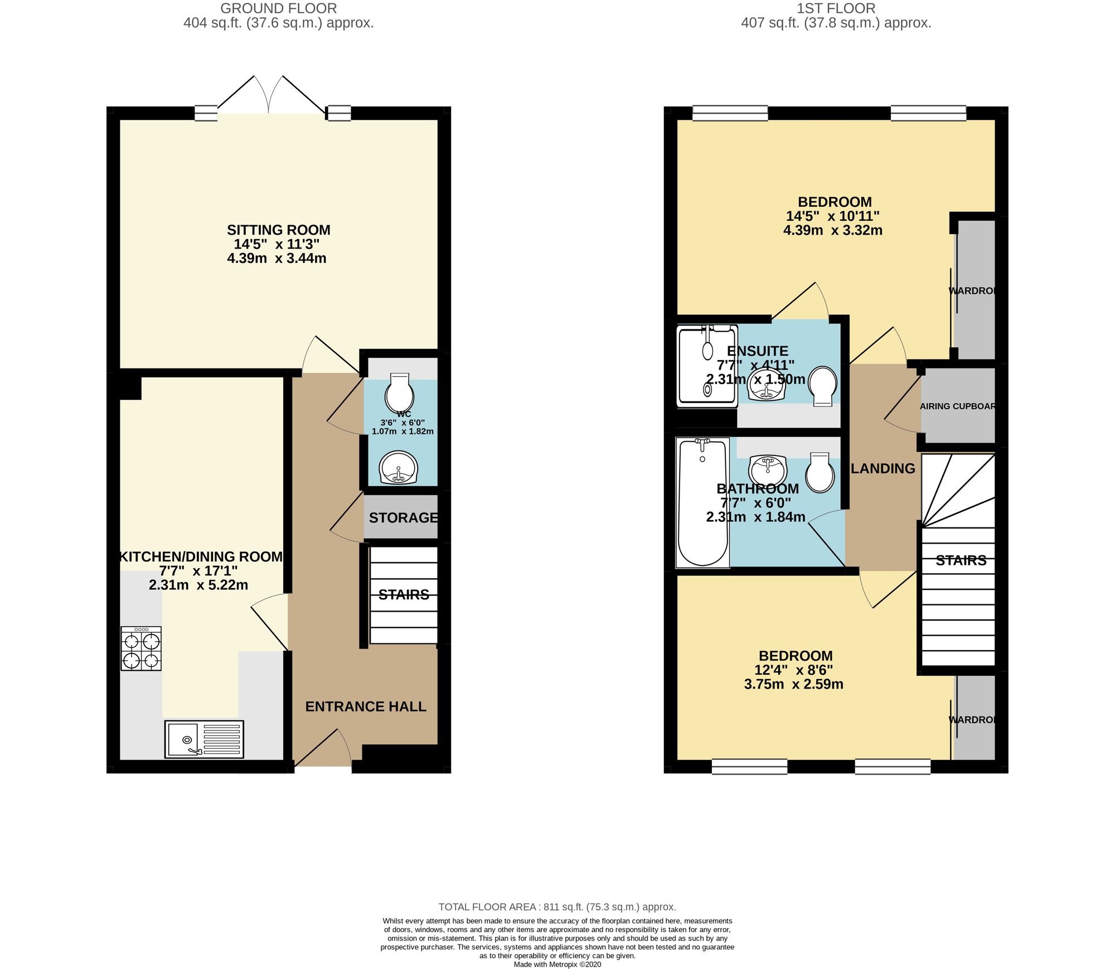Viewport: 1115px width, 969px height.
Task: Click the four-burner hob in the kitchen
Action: [141, 648]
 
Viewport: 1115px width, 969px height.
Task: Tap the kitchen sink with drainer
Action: [204, 739]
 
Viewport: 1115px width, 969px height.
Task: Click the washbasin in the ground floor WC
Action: [398, 467]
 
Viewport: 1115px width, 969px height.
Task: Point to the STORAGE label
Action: [404, 517]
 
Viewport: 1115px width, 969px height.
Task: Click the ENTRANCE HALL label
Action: [366, 706]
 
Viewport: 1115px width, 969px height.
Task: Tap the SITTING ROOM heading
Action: [279, 230]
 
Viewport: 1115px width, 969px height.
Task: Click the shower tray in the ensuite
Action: [707, 366]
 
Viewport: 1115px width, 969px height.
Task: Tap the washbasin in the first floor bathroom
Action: [768, 471]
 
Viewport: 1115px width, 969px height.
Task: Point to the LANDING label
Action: [883, 468]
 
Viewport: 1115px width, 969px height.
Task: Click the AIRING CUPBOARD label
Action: [958, 406]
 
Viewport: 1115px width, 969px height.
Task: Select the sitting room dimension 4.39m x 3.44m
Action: [277, 258]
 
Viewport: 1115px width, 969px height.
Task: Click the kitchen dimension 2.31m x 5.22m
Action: [198, 585]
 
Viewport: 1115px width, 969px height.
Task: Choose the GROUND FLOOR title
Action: [279, 8]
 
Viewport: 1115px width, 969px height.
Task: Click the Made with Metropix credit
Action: [557, 964]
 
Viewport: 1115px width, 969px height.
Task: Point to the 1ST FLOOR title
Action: [836, 8]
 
